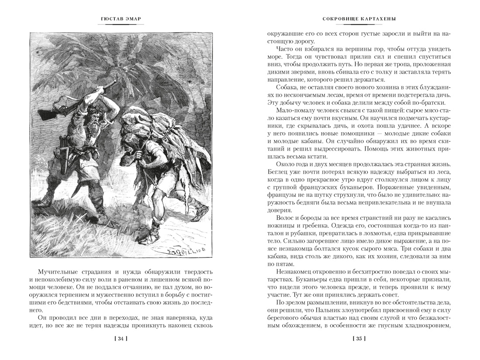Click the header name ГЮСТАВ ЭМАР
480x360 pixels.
(x=120, y=19)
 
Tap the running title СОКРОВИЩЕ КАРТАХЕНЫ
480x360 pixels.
(x=359, y=19)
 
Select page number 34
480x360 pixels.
(x=120, y=338)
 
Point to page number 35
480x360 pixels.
(x=359, y=338)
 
